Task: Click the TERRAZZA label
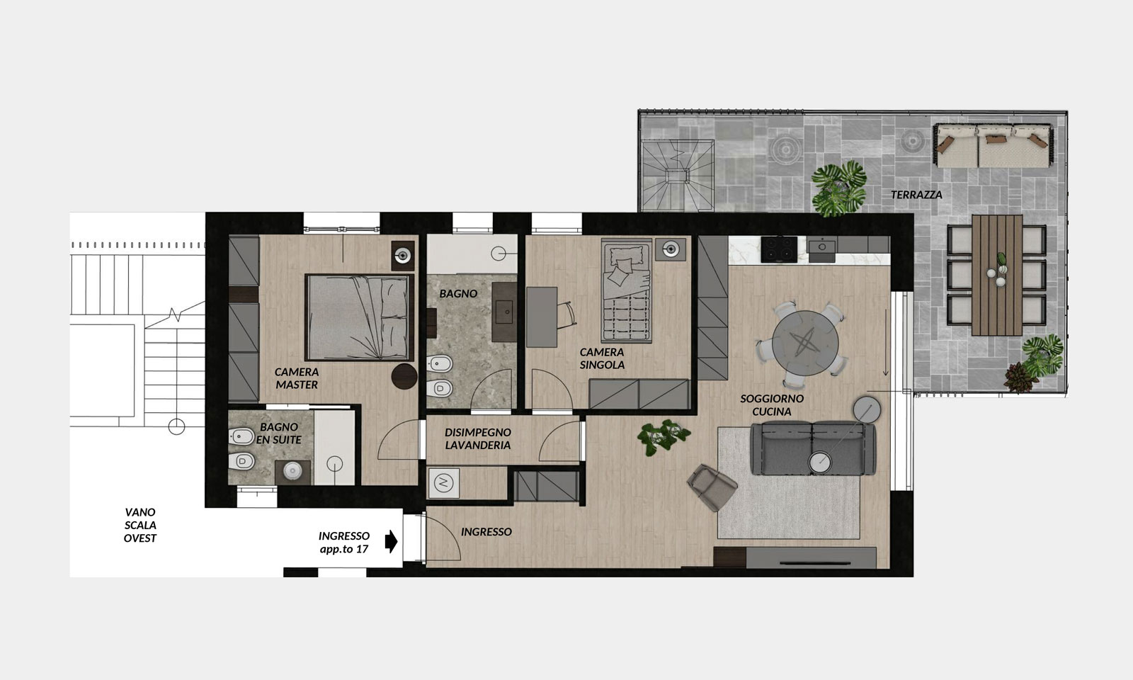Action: pyautogui.click(x=916, y=195)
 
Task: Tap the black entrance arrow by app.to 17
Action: pyautogui.click(x=391, y=541)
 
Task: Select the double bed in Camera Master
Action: pyautogui.click(x=359, y=317)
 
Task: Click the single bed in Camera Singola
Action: pyautogui.click(x=626, y=290)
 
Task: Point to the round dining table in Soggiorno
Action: pyautogui.click(x=804, y=344)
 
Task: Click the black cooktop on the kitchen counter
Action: pyautogui.click(x=779, y=249)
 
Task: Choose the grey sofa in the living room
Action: pyautogui.click(x=813, y=448)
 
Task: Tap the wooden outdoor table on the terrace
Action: pyautogui.click(x=996, y=276)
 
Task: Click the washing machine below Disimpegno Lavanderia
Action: pyautogui.click(x=443, y=483)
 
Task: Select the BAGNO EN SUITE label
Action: pyautogui.click(x=278, y=433)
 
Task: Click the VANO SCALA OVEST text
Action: pyautogui.click(x=140, y=525)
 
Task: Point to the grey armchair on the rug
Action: pyautogui.click(x=712, y=487)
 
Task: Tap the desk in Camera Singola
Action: pyautogui.click(x=542, y=317)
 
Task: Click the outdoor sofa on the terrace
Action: pyautogui.click(x=994, y=146)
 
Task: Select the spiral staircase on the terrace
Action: pyautogui.click(x=677, y=176)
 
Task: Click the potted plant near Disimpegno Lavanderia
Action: pyautogui.click(x=663, y=436)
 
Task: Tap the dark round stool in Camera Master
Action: pyautogui.click(x=404, y=376)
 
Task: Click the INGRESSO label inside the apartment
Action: pyautogui.click(x=486, y=532)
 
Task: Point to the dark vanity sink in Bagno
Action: pyautogui.click(x=504, y=312)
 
